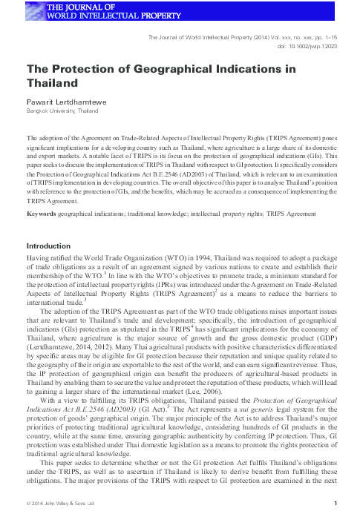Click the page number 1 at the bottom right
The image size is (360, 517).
click(336, 505)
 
